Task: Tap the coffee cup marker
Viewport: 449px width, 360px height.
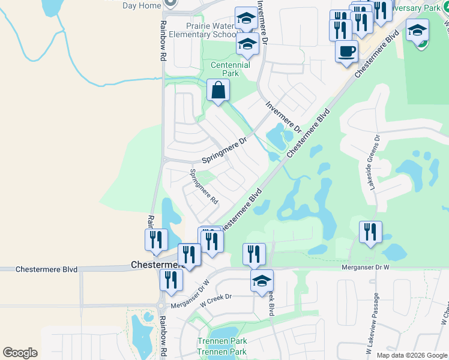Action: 347,52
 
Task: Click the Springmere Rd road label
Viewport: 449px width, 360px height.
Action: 203,187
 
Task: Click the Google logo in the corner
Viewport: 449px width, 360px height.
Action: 20,352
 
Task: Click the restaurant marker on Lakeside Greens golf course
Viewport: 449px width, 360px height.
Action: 370,232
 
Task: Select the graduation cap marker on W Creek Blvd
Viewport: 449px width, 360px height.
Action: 262,280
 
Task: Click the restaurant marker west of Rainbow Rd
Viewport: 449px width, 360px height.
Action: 155,239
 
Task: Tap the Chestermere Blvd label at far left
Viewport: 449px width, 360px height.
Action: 47,270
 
